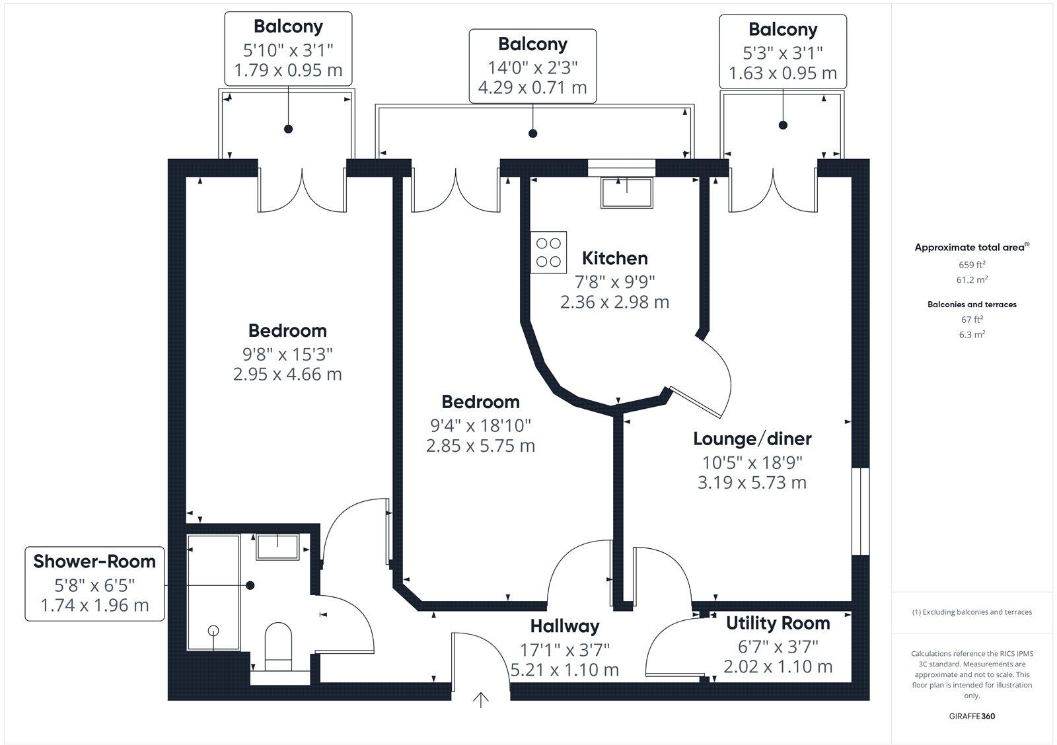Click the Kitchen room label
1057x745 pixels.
tap(614, 258)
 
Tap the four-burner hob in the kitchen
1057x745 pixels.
tap(549, 252)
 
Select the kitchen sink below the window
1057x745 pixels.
tap(625, 192)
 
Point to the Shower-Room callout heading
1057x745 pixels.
tap(94, 561)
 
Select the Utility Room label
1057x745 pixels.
tap(778, 623)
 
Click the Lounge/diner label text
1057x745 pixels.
tap(752, 439)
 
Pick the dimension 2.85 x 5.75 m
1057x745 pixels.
tap(480, 446)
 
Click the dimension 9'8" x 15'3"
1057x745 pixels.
tap(287, 353)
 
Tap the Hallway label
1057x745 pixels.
tap(565, 625)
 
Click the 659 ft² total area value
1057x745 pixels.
tap(972, 264)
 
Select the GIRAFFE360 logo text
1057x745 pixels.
tap(972, 716)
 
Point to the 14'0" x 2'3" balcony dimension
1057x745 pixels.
tap(532, 67)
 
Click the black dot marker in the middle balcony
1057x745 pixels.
tap(532, 133)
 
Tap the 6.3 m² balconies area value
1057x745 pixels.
tap(972, 334)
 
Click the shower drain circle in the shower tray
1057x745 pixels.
tap(213, 630)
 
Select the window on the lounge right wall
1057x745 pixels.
tap(860, 512)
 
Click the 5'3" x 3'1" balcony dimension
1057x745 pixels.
tap(783, 52)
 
